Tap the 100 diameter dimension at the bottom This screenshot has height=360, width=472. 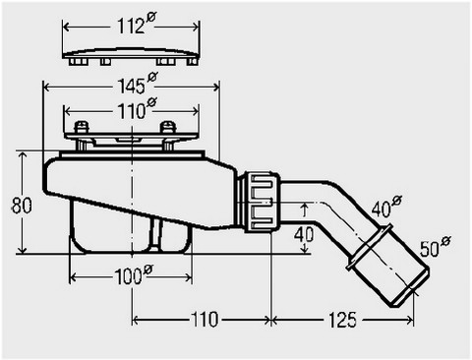(x=134, y=274)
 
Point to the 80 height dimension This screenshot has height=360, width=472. (x=22, y=206)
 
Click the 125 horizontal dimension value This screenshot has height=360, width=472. (x=342, y=320)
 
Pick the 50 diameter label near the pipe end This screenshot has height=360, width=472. (x=436, y=247)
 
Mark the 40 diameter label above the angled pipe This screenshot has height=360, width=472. (x=386, y=208)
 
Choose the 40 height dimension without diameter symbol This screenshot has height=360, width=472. (x=304, y=235)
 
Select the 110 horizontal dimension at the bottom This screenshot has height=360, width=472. (x=204, y=320)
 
